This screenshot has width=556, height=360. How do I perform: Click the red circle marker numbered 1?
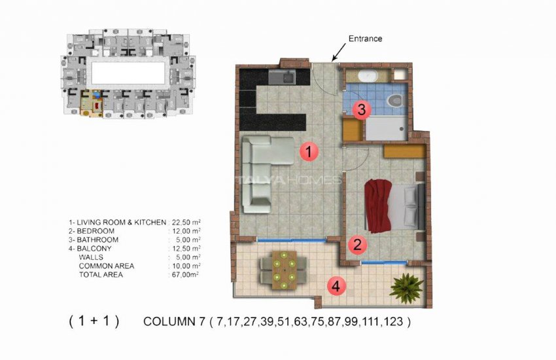point(309,153)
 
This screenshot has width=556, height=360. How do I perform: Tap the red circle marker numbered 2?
point(356,245)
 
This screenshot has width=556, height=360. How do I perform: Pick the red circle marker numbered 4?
point(336,286)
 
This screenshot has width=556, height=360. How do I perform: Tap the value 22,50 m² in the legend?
point(185,223)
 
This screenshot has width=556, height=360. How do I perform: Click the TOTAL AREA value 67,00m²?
point(184,275)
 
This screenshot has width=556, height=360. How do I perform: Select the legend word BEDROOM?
point(96,232)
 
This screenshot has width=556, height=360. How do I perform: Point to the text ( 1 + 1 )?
point(94,321)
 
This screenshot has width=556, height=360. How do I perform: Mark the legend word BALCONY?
point(94,249)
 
